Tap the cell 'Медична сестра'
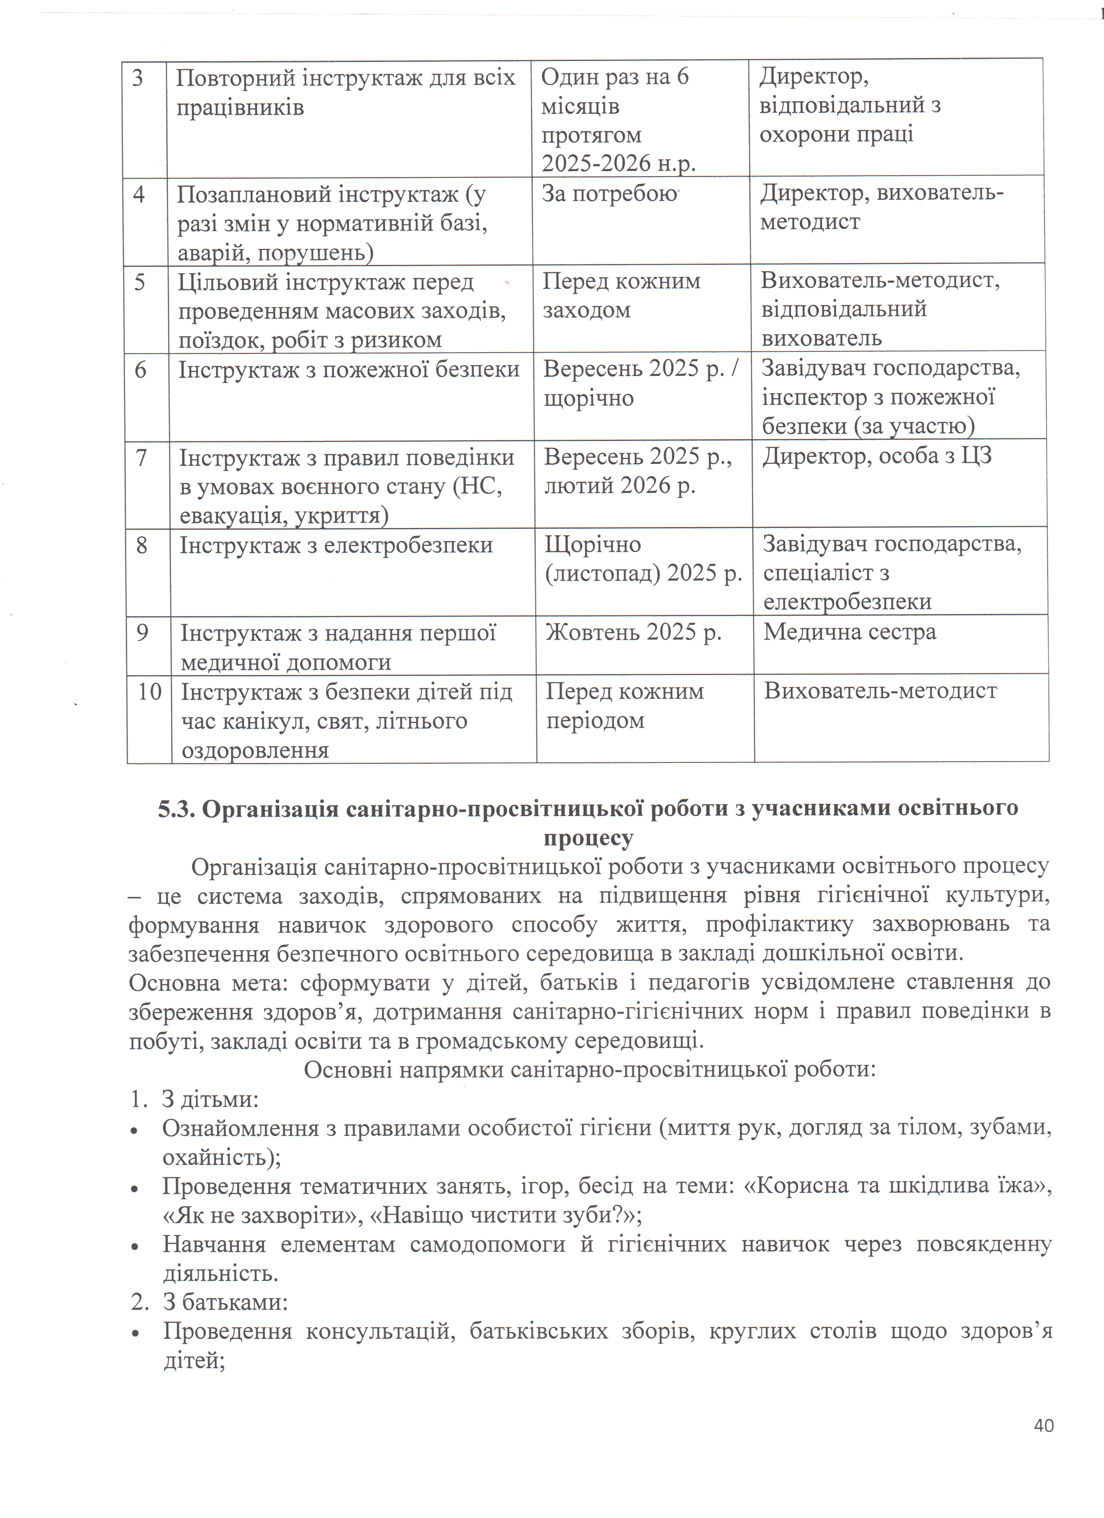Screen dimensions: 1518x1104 click(849, 632)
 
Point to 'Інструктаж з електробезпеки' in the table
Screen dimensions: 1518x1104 click(336, 546)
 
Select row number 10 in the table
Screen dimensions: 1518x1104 click(150, 691)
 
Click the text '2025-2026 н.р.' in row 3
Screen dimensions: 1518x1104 click(619, 163)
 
